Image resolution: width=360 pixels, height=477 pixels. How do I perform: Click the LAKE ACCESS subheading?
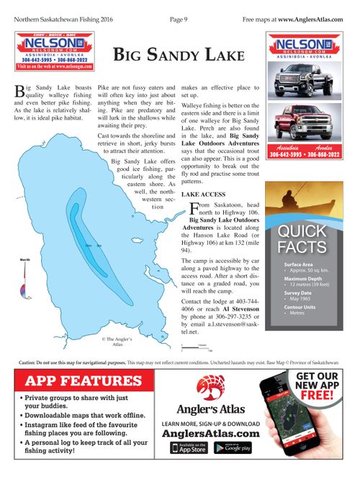[204, 195]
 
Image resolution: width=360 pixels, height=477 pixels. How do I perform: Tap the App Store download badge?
[188, 448]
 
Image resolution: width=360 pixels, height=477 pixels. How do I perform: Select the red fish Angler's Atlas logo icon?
[210, 389]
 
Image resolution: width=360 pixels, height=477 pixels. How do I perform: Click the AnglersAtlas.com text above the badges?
[210, 434]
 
